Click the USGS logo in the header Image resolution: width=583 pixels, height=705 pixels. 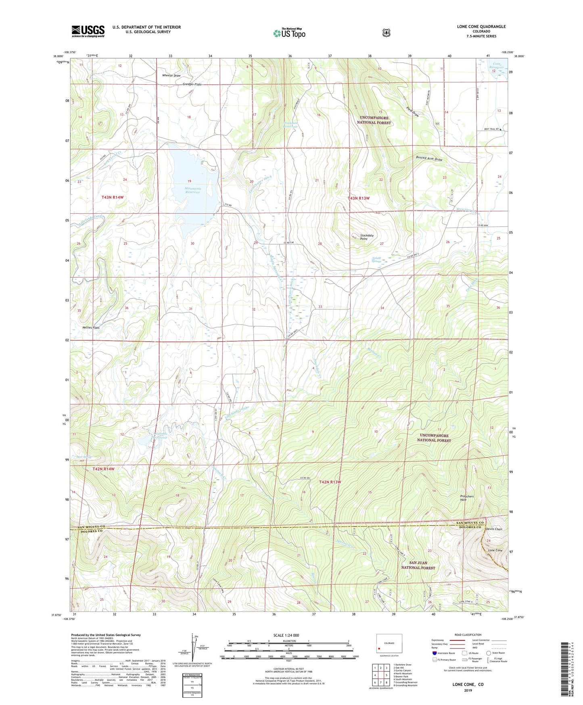point(88,31)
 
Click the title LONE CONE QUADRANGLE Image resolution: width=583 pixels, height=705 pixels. point(481,27)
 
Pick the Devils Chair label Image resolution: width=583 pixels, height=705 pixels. point(494,529)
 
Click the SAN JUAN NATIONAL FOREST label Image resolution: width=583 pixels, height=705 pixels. point(418,565)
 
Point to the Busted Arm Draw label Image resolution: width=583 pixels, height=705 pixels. point(429,159)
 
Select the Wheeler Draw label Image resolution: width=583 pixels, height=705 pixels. point(171,76)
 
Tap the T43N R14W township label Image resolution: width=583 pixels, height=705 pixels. point(112,197)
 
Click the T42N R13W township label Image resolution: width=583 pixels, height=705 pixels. point(330,482)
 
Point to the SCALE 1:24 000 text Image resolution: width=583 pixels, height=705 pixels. point(286,635)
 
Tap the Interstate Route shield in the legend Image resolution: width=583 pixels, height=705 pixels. point(434,653)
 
